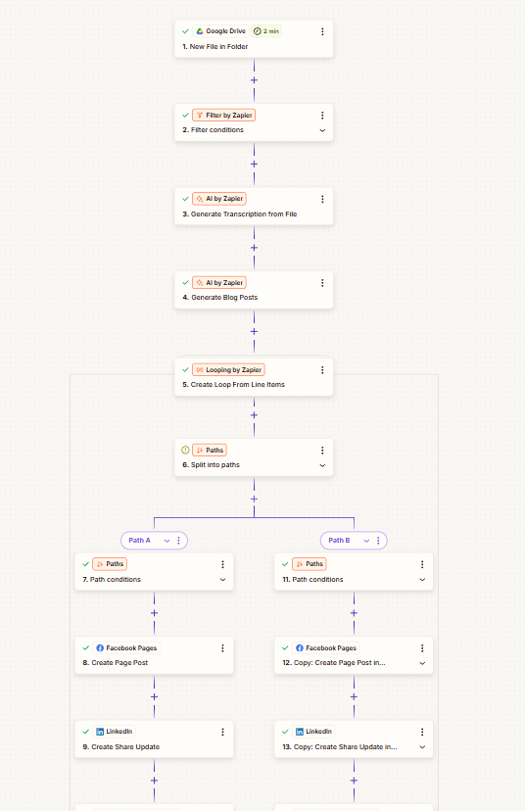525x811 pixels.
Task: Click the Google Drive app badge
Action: (220, 31)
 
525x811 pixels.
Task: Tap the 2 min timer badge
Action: (265, 31)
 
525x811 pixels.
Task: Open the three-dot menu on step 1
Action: (322, 31)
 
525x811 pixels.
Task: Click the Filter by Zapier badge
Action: (224, 115)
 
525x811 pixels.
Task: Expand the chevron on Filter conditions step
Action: (322, 130)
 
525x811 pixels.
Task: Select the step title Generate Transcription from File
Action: (244, 215)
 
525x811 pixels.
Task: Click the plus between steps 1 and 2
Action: (254, 80)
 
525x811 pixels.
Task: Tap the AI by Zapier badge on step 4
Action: (219, 282)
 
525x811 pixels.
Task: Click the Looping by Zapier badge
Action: (228, 370)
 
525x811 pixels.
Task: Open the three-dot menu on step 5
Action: (322, 370)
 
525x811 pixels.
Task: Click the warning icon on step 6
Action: (185, 450)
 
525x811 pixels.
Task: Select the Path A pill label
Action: (140, 541)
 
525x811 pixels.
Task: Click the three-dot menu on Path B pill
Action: (378, 541)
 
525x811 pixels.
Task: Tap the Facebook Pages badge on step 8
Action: (126, 647)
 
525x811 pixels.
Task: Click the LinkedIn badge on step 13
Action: (313, 732)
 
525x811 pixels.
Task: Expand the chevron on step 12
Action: (422, 663)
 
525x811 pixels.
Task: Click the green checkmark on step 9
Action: (86, 732)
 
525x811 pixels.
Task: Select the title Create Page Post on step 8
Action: (119, 662)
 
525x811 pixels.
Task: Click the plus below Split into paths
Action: (254, 500)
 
